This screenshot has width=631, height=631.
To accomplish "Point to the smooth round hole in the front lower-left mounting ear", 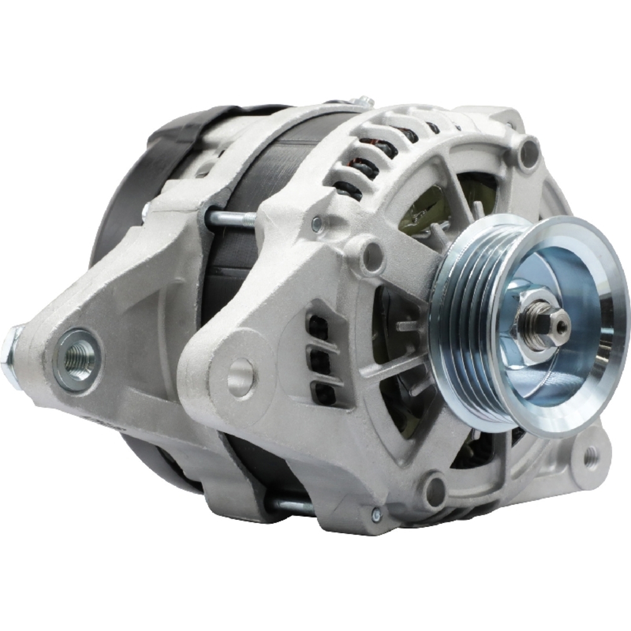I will pyautogui.click(x=241, y=378).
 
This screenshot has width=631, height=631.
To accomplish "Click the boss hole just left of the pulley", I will pyautogui.click(x=372, y=256).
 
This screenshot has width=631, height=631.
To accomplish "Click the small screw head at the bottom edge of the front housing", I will pyautogui.click(x=377, y=515).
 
